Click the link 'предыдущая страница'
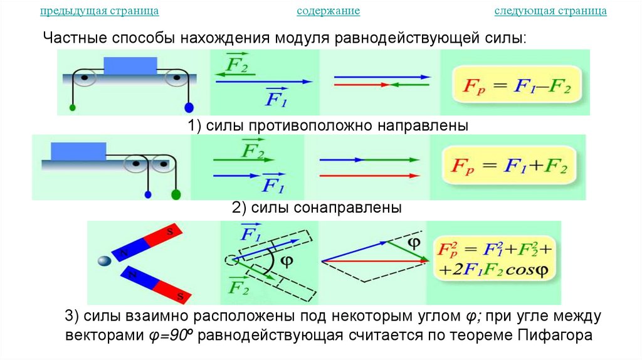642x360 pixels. pyautogui.click(x=99, y=11)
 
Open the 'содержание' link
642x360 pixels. pyautogui.click(x=328, y=11)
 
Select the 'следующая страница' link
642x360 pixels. pyautogui.click(x=550, y=11)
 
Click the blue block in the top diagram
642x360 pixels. pyautogui.click(x=130, y=66)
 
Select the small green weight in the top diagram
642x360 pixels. pyautogui.click(x=73, y=108)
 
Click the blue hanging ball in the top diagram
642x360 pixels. pyautogui.click(x=188, y=107)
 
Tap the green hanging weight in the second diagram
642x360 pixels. pyautogui.click(x=176, y=195)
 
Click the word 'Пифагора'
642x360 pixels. pyautogui.click(x=555, y=335)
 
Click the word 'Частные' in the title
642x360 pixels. pyautogui.click(x=74, y=38)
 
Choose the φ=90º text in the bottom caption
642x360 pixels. pyautogui.click(x=169, y=335)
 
